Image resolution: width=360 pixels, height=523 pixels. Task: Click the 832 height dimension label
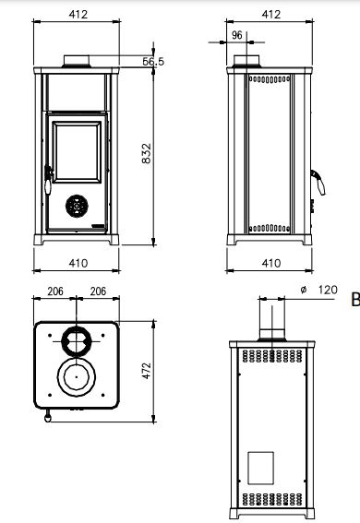click(x=147, y=153)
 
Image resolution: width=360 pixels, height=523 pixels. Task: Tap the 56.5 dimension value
click(x=153, y=62)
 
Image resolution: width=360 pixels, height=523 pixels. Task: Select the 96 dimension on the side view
click(x=236, y=35)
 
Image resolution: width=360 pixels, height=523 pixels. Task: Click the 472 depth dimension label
click(x=147, y=371)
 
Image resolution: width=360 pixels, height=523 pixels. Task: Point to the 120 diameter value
click(x=328, y=290)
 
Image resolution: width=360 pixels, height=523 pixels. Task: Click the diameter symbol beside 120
click(x=304, y=290)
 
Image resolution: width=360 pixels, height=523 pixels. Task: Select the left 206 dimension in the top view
click(x=55, y=291)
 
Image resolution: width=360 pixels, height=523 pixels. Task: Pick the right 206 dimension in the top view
click(x=98, y=291)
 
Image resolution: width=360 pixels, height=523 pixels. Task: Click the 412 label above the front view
click(x=78, y=15)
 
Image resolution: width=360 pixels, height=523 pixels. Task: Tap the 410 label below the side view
click(x=270, y=263)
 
